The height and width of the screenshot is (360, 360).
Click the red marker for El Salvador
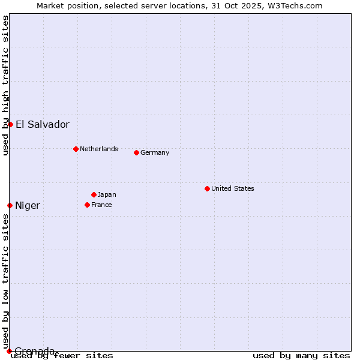pos(10,124)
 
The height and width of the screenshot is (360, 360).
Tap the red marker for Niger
pos(10,205)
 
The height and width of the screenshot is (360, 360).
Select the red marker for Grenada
pos(9,351)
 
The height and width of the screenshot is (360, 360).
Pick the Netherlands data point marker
pos(76,149)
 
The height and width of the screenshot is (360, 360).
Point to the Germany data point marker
pos(136,152)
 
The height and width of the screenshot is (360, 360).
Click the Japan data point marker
pos(94,194)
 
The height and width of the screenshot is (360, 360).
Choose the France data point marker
pos(87,205)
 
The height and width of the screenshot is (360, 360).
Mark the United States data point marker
pos(207,188)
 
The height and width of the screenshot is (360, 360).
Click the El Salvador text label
pos(43,125)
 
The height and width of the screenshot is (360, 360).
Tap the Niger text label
pos(28,206)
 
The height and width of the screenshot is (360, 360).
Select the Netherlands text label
pos(99,149)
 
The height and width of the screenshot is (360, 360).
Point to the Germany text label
pos(155,152)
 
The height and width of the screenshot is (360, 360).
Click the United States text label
pos(233,188)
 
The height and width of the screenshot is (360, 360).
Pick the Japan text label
pos(107,194)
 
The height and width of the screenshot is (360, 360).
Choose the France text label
pos(102,205)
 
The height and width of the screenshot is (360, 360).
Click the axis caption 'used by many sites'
pos(301,355)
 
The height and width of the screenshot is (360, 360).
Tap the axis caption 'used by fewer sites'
pos(62,355)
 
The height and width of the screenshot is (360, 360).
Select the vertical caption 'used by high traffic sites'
pos(5,85)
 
